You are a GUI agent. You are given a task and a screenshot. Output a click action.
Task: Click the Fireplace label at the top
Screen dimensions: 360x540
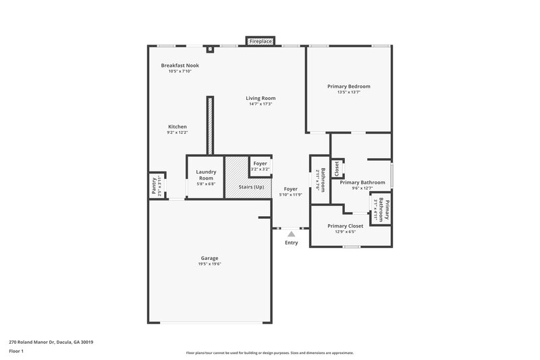(x=261, y=42)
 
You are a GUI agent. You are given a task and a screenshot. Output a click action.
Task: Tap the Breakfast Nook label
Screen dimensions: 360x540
(x=180, y=66)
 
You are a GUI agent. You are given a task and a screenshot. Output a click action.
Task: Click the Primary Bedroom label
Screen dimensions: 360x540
(x=348, y=86)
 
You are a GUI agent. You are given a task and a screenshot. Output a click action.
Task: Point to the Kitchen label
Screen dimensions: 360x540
(x=178, y=127)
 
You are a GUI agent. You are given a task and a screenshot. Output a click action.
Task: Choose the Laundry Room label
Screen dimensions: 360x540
(x=206, y=175)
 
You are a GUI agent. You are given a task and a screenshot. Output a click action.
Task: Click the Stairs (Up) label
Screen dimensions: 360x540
(x=250, y=186)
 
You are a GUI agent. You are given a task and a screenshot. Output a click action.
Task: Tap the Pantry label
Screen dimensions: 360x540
(x=154, y=186)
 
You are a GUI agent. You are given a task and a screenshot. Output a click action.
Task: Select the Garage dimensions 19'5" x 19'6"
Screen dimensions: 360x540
(x=209, y=263)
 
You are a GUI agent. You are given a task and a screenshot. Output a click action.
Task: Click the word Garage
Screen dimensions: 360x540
(x=209, y=258)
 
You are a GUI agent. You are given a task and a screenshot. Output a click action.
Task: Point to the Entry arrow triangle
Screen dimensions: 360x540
(x=291, y=234)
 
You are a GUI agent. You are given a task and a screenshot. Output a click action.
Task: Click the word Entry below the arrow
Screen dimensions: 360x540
(x=291, y=242)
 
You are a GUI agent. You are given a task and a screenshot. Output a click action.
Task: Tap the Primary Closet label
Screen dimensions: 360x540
(x=346, y=226)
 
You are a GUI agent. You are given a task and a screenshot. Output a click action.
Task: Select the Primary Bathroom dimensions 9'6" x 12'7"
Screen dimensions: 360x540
(x=362, y=188)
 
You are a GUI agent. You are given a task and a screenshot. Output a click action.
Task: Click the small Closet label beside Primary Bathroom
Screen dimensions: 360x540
(x=337, y=169)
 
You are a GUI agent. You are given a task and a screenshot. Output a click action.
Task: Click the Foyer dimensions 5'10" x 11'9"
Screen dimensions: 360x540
(x=290, y=195)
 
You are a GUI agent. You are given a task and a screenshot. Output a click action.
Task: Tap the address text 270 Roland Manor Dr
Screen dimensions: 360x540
(x=51, y=342)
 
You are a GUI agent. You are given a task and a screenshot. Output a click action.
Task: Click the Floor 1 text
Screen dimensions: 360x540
(x=16, y=351)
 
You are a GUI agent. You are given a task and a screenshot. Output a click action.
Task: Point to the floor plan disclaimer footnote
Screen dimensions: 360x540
(x=270, y=353)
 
